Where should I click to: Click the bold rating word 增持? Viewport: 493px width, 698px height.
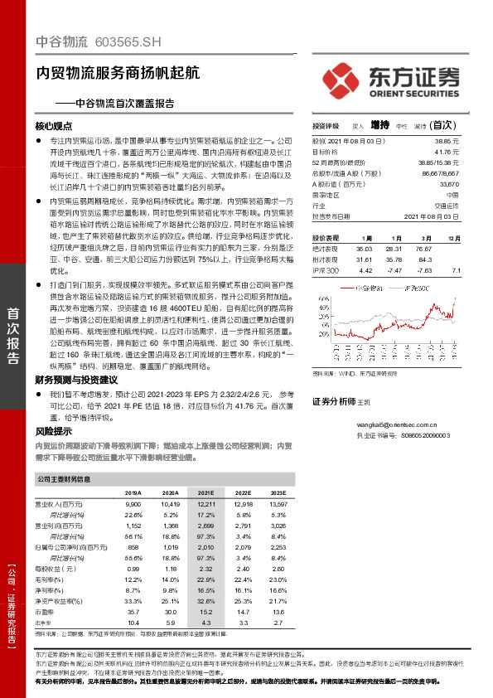(379, 125)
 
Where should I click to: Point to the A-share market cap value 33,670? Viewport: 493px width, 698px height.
(447, 185)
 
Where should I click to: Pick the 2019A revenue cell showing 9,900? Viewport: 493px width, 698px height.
(133, 504)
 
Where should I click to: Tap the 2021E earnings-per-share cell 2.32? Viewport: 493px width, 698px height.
(206, 569)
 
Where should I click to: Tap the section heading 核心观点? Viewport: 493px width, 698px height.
(56, 127)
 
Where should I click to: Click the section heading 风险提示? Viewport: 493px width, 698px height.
(54, 431)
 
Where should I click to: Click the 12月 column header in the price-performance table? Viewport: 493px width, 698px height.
(452, 237)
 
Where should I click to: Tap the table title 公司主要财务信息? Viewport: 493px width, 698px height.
(65, 478)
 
